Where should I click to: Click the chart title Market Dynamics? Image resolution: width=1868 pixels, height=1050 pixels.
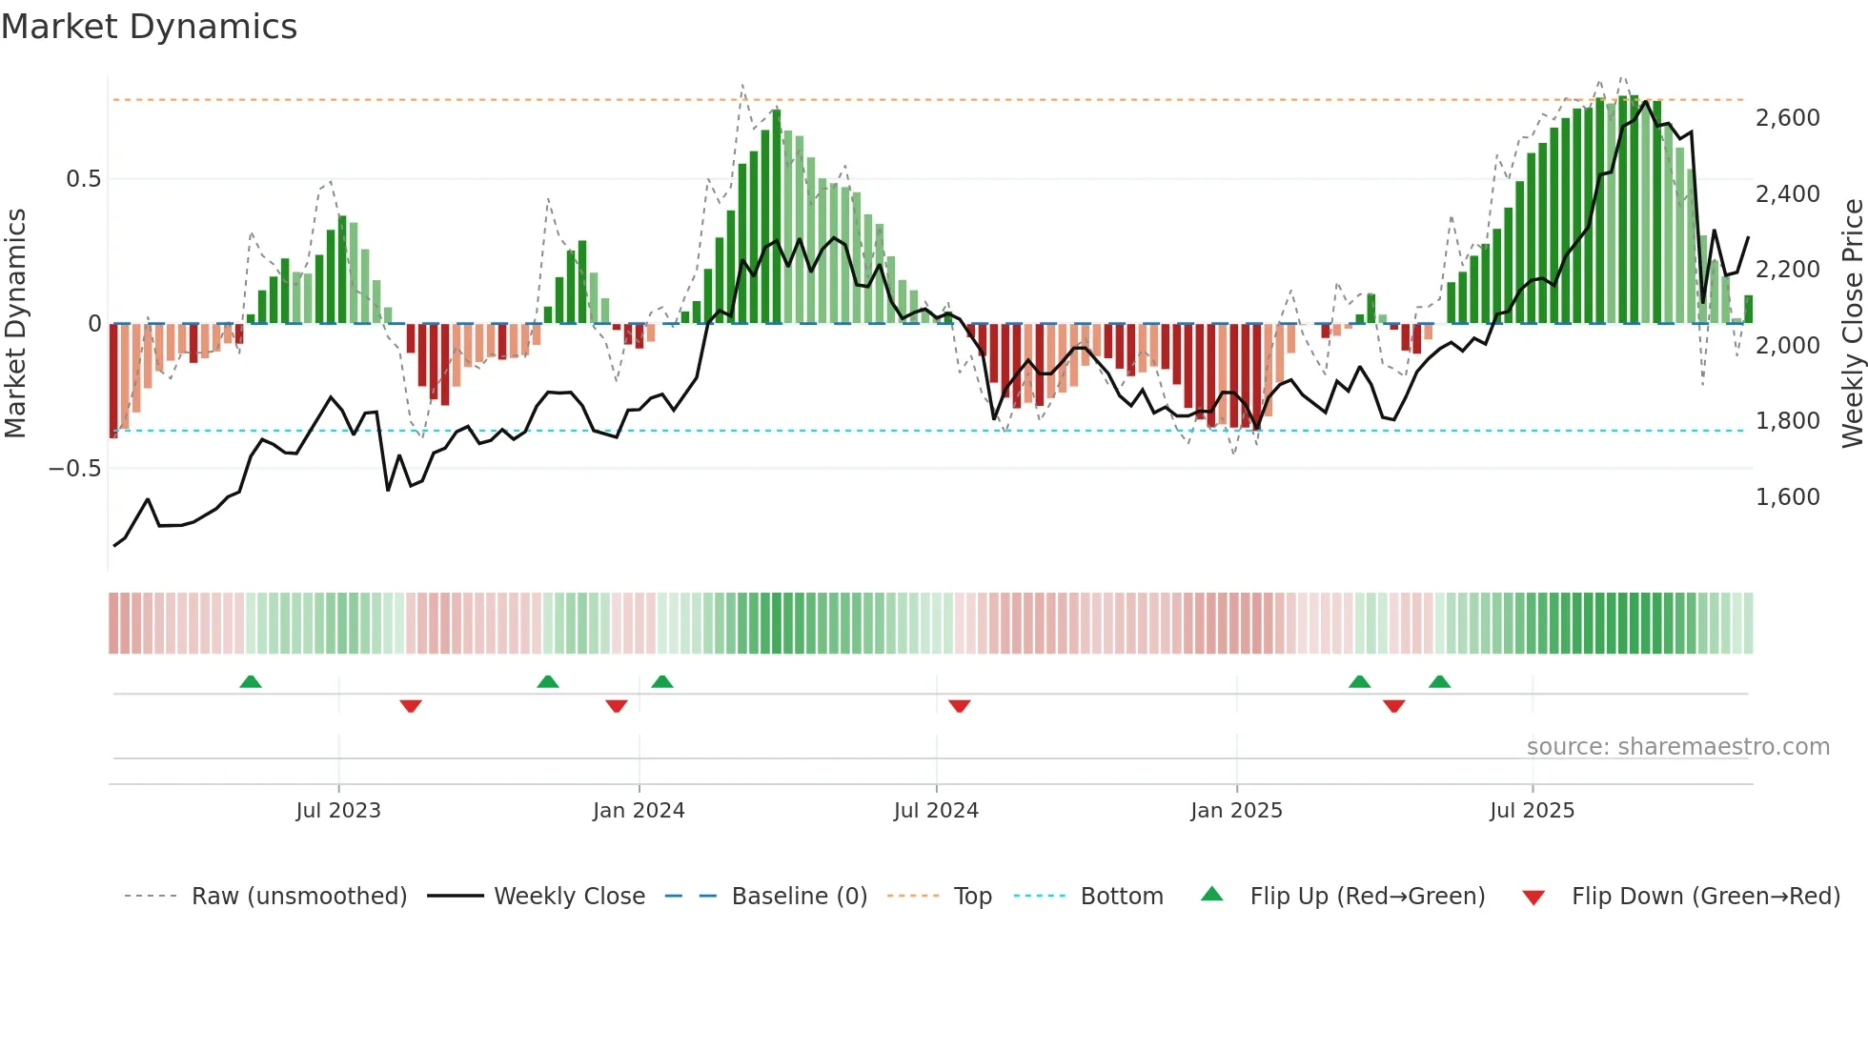[x=149, y=27]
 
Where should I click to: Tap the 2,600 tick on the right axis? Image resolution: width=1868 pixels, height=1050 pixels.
[x=1787, y=118]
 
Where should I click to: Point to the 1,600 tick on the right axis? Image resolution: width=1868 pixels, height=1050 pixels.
[x=1787, y=497]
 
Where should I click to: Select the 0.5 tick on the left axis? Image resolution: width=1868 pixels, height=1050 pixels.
[x=83, y=179]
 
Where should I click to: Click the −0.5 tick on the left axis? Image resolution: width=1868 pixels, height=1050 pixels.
[x=74, y=469]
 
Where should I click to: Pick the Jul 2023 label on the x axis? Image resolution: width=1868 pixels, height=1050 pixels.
[x=338, y=811]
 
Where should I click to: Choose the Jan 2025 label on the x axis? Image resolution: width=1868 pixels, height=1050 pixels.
[x=1236, y=811]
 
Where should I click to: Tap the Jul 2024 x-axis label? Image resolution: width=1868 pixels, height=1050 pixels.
[x=936, y=811]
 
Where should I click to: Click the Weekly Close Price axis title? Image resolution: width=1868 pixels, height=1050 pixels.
[x=1852, y=324]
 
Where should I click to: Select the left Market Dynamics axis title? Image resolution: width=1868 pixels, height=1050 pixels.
[x=15, y=324]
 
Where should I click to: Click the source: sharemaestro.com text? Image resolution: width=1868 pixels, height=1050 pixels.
[x=1677, y=747]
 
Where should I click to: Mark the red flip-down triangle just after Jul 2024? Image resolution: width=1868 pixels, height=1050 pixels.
[x=960, y=706]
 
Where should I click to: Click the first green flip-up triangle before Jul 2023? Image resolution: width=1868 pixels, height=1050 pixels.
[x=251, y=682]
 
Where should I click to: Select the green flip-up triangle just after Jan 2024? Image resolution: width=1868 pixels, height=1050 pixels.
[x=662, y=682]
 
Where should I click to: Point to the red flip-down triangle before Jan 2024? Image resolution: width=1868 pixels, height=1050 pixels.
[x=617, y=706]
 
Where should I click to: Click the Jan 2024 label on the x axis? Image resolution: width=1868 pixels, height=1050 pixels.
[x=639, y=811]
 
